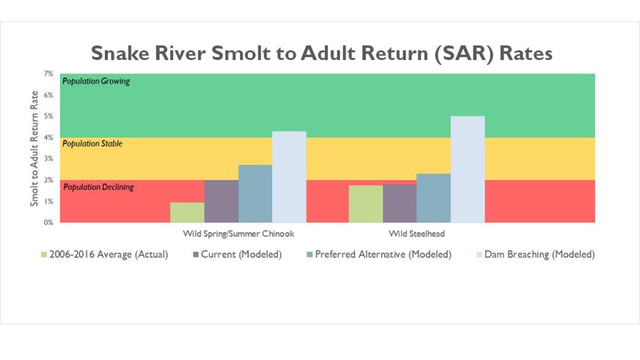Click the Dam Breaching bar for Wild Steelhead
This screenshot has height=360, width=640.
coord(467,169)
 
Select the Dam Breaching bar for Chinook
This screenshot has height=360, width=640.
coord(289,177)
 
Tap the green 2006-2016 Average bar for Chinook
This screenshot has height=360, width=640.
coord(187,212)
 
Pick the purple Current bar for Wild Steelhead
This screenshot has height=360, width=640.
coord(399,203)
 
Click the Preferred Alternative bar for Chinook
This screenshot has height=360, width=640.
coord(255,194)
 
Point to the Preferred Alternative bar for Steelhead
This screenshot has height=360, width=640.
coord(434,198)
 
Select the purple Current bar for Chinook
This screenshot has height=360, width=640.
coord(221,201)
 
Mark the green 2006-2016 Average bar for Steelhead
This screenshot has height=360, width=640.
coord(366,204)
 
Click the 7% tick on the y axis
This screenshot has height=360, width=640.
coord(49,74)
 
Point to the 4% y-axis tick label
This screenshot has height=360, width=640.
coord(49,137)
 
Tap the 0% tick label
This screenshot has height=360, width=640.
coord(49,222)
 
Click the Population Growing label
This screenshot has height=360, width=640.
coord(96,81)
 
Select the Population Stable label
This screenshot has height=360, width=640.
coord(92,144)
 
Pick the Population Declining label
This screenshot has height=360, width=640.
coord(98,187)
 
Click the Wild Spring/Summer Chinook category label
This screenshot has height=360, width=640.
coord(238,234)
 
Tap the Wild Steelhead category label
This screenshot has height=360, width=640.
coord(416,234)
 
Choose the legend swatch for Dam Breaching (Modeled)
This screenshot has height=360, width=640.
coord(479,255)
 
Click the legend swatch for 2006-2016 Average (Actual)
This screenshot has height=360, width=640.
coord(44,255)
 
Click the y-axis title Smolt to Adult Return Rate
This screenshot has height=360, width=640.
coord(34,148)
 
